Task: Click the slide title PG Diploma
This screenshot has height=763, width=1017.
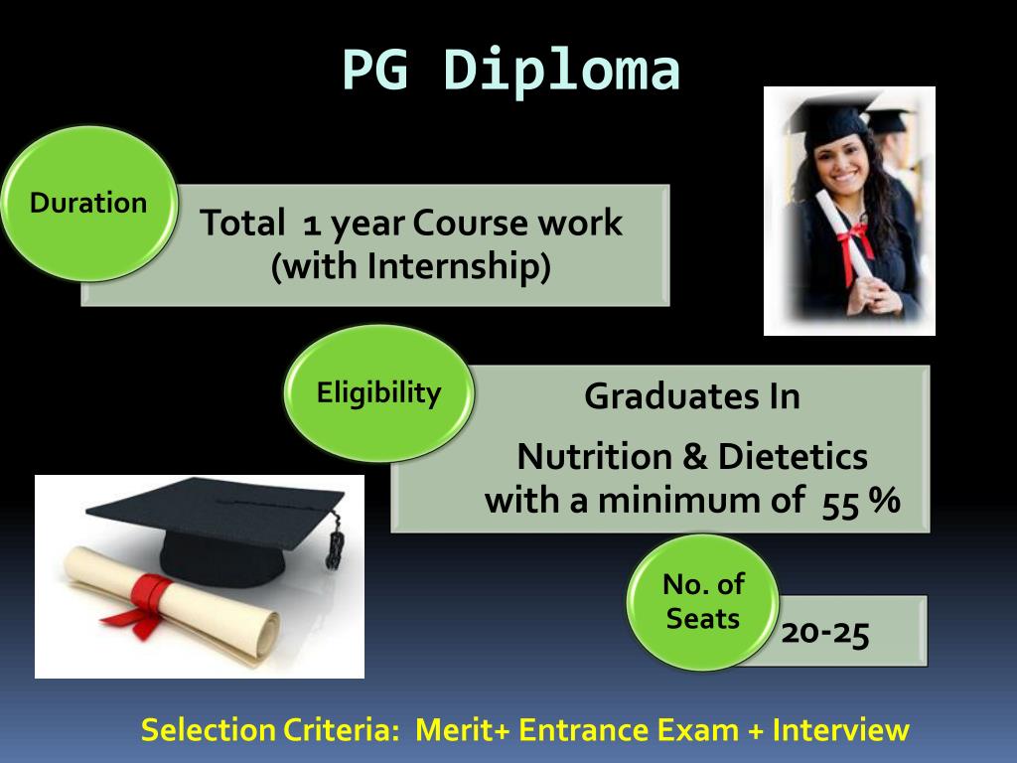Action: point(510,72)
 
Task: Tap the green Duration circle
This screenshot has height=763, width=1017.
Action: point(88,204)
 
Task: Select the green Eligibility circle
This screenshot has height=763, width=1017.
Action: point(378,393)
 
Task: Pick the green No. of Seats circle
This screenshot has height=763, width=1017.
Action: point(703,602)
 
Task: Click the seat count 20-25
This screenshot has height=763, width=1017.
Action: point(825,632)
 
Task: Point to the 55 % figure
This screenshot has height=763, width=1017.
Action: point(860,500)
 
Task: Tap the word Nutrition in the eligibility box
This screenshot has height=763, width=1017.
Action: point(594,457)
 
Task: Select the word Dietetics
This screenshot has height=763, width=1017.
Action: point(793,457)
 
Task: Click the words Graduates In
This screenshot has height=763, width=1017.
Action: point(692,396)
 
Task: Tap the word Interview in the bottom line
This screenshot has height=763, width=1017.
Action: point(840,730)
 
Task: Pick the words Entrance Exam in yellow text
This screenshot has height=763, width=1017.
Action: point(629,730)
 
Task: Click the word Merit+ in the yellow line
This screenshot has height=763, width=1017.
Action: point(463,730)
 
